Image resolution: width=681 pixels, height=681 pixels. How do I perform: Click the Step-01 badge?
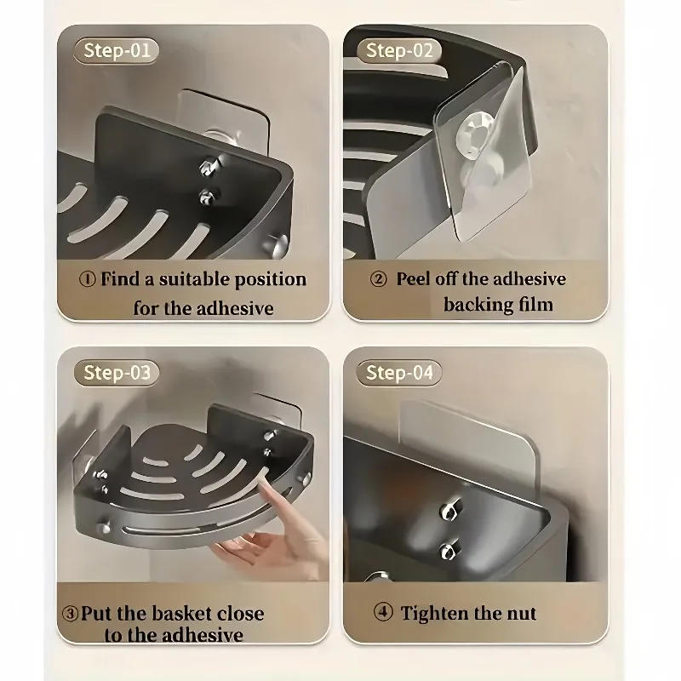pyautogui.click(x=117, y=50)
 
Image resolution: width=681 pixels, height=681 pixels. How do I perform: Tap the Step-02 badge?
pyautogui.click(x=399, y=50)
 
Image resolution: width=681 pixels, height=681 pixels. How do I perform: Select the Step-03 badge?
pyautogui.click(x=117, y=372)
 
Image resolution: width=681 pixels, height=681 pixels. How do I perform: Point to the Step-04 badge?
pyautogui.click(x=399, y=372)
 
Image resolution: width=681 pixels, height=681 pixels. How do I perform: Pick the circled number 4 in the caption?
pyautogui.click(x=382, y=613)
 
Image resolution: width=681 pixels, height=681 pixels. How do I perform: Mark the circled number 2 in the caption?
pyautogui.click(x=380, y=279)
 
